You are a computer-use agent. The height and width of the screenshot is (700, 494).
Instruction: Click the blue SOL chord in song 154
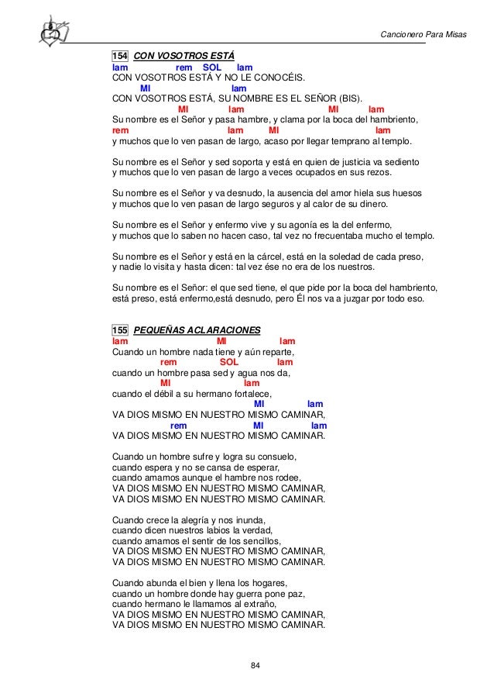211,67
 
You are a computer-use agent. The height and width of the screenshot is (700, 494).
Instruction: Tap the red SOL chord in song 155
229,362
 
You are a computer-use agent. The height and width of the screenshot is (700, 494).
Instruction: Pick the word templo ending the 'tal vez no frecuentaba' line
419,236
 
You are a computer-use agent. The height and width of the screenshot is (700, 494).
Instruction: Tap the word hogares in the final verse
268,582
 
